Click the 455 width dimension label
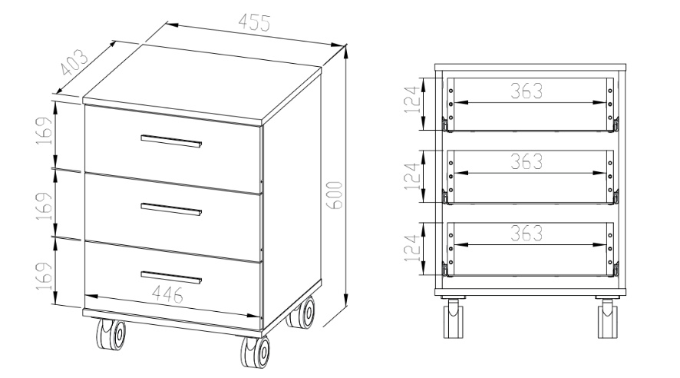point(255,22)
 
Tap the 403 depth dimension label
point(74,62)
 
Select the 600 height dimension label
point(336,195)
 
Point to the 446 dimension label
point(167,295)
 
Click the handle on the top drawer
point(171,141)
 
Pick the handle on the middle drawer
point(171,209)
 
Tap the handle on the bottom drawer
point(171,277)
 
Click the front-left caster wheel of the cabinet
point(111,333)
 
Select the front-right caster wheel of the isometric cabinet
point(255,352)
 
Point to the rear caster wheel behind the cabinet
point(301,313)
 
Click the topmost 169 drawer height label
point(45,131)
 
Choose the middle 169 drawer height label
point(45,206)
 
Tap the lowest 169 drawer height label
point(45,276)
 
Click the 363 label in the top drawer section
point(527,91)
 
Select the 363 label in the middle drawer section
point(527,162)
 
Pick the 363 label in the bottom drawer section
point(527,233)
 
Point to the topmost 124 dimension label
point(413,99)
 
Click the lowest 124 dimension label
point(413,248)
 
